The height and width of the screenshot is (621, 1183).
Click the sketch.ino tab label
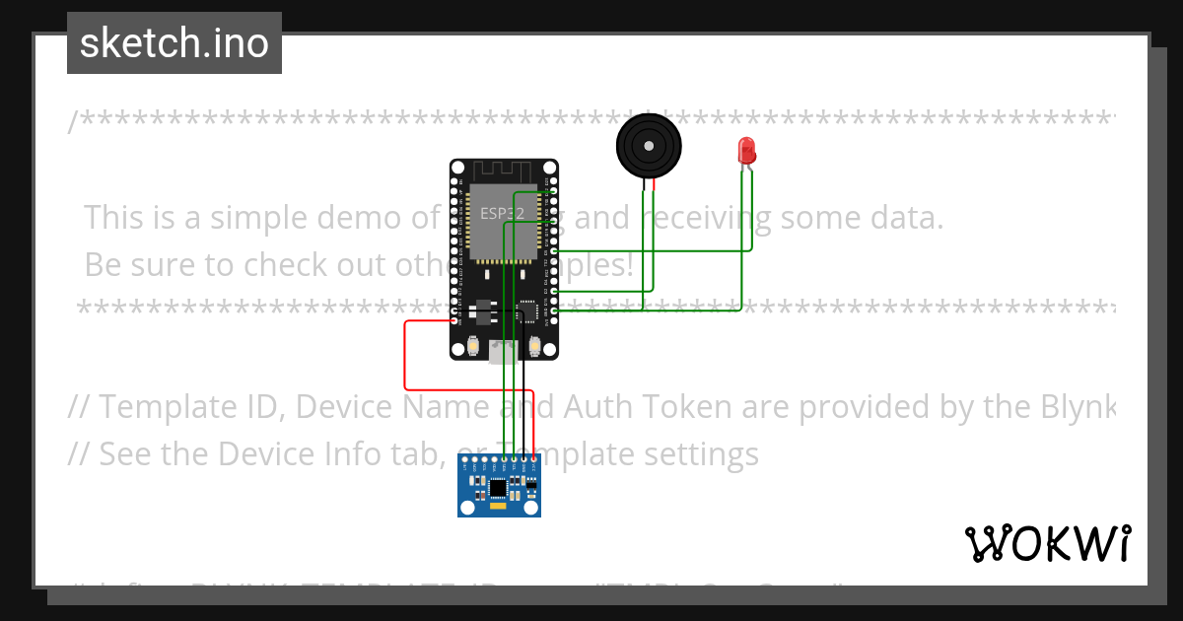174,44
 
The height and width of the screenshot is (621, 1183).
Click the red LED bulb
746,151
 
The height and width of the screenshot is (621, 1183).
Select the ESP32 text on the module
502,212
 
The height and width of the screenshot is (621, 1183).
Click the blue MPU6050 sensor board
499,487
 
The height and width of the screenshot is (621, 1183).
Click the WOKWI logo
1047,543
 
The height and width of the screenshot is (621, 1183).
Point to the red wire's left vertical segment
405,354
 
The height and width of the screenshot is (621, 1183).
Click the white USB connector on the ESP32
503,352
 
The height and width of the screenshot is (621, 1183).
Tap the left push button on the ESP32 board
474,346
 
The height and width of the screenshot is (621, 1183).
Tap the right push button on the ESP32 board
534,346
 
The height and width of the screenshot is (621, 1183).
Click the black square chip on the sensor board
499,487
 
